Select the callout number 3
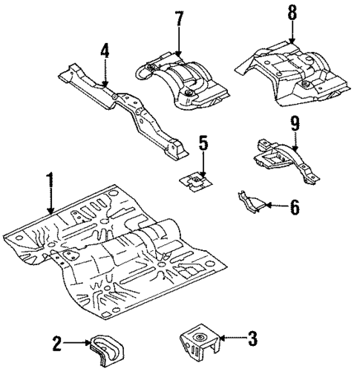coord(252,341)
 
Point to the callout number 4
coord(105,51)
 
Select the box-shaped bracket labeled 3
coord(199,342)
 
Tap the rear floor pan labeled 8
coord(293,74)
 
